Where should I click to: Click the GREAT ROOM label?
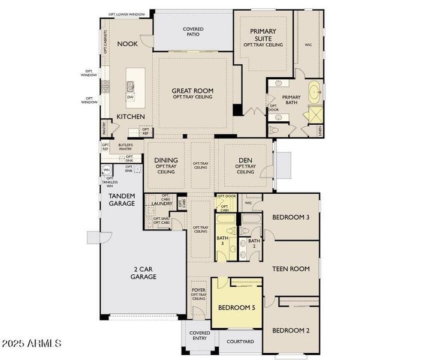click(x=192, y=91)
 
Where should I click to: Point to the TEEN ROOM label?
click(x=291, y=269)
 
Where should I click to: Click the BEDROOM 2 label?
click(x=291, y=330)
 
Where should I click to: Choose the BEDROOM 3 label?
click(x=291, y=217)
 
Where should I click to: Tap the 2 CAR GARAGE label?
click(x=144, y=273)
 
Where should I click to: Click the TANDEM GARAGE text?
click(x=122, y=200)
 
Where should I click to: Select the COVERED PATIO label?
click(x=192, y=32)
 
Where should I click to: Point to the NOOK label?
click(x=128, y=44)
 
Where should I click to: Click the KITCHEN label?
click(x=131, y=116)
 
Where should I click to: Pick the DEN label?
click(x=245, y=160)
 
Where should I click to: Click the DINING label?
click(x=166, y=160)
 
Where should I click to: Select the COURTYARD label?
click(x=240, y=342)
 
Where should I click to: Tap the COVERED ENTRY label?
click(x=199, y=335)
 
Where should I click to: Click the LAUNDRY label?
click(x=162, y=203)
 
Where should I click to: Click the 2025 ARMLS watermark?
click(x=31, y=344)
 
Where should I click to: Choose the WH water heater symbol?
click(x=106, y=170)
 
